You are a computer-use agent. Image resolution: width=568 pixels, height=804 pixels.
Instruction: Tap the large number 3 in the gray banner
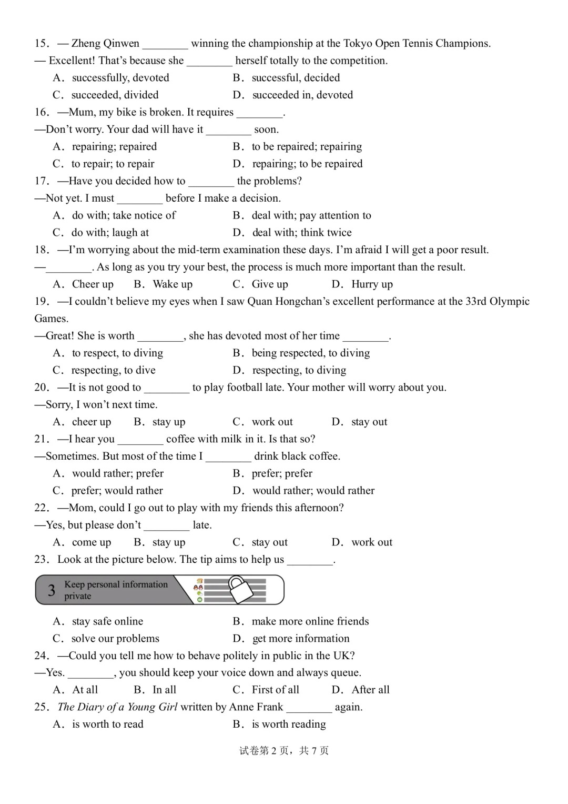[x=52, y=590]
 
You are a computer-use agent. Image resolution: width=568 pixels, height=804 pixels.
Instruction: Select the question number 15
[x=42, y=44]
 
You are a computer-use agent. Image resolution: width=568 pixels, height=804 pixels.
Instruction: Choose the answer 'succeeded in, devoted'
[x=302, y=95]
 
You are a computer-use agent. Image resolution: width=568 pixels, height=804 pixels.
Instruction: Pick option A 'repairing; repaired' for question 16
[x=114, y=147]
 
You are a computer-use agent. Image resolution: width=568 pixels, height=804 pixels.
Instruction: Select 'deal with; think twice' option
[x=302, y=233]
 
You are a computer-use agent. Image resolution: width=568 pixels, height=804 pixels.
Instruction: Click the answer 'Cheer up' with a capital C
[x=93, y=284]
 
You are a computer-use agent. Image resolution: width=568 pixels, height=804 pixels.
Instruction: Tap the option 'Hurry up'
[x=372, y=284]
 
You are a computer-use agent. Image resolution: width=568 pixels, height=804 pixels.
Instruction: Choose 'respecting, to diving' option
[x=299, y=370]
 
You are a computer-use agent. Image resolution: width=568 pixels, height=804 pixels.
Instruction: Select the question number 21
[x=42, y=439]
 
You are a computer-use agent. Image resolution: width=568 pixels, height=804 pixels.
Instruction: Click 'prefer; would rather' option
[x=117, y=491]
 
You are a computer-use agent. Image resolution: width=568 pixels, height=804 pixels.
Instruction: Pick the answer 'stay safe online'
[x=107, y=621]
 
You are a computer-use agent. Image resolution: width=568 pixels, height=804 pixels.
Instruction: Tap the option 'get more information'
[x=301, y=639]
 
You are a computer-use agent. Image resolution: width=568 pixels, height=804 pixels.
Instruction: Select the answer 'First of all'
[x=275, y=690]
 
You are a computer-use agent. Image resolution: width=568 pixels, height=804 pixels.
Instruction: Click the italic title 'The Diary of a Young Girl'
[x=117, y=707]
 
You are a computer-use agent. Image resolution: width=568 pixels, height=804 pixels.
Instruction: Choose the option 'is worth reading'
[x=289, y=724]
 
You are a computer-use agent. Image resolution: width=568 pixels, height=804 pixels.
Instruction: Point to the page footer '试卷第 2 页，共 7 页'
[x=284, y=751]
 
